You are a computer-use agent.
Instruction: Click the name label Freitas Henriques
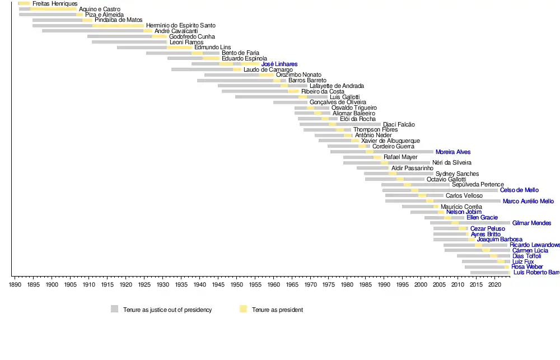click(55, 4)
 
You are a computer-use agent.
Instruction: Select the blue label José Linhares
click(279, 64)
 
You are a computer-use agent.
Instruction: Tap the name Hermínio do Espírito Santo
click(180, 26)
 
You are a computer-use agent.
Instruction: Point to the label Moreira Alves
click(453, 152)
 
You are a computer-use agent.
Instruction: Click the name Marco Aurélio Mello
click(528, 202)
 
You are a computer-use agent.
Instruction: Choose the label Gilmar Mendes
click(531, 223)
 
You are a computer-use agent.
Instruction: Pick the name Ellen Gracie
click(482, 218)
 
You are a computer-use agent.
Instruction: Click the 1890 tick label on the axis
click(15, 285)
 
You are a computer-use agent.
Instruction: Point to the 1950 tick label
click(236, 285)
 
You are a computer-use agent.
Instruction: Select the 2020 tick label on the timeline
click(494, 285)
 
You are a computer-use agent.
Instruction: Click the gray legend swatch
click(115, 309)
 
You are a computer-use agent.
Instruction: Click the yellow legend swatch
click(243, 309)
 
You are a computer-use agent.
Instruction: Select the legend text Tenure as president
click(277, 310)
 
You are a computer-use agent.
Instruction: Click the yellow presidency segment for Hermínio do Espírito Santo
click(118, 26)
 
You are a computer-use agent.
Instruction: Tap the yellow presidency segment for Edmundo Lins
click(179, 48)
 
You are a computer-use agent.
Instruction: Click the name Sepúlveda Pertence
click(478, 185)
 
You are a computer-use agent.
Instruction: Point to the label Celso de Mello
click(519, 190)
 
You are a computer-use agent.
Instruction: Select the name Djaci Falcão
click(399, 125)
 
